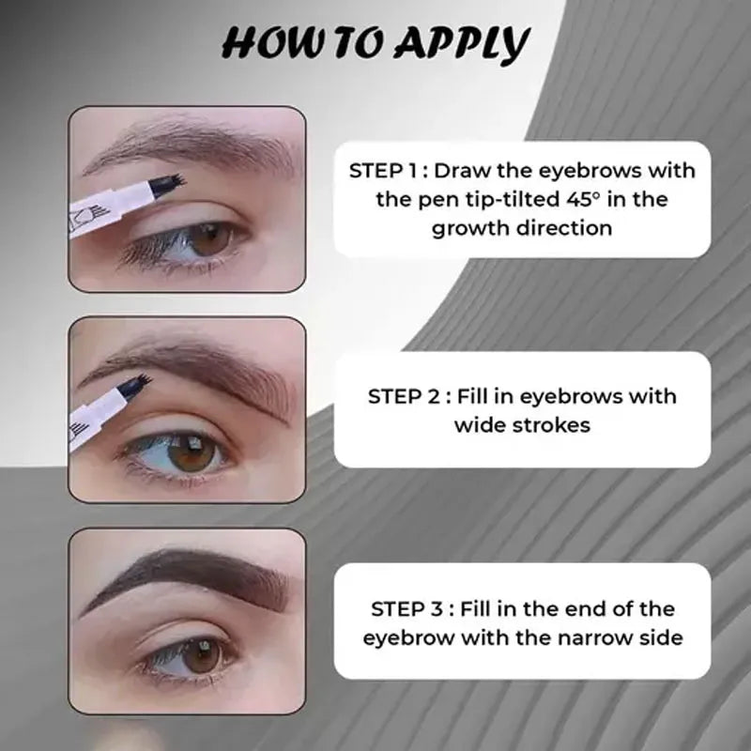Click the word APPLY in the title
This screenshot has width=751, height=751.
click(x=463, y=43)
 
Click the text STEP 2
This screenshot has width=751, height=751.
click(x=404, y=396)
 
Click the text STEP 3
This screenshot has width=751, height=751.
click(x=406, y=609)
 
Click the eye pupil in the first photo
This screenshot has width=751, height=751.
click(x=211, y=239)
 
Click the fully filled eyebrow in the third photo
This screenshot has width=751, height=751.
click(x=187, y=579)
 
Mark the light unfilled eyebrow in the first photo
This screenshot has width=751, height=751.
click(x=192, y=144)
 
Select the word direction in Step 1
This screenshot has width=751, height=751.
click(x=564, y=228)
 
